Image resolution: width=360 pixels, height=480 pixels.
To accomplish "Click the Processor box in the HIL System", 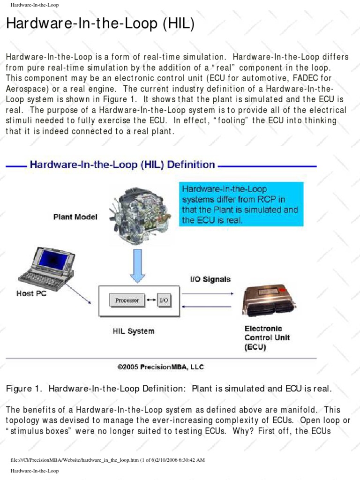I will (127, 300).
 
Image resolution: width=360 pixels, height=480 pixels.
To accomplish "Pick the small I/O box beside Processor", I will (164, 300).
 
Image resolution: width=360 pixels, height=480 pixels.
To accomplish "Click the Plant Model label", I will (75, 217).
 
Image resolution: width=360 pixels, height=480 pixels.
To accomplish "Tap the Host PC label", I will (32, 293).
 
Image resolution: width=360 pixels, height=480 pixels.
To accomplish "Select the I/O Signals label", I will (210, 279).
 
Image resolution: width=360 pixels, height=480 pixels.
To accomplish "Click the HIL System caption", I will (134, 331).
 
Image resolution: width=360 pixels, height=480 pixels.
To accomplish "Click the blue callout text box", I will (241, 204).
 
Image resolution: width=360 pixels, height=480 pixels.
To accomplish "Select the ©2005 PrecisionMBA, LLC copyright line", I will (160, 367).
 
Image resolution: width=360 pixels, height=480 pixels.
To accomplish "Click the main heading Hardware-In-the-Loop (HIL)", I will (100, 24).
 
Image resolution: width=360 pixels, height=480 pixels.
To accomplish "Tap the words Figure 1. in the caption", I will (24, 389).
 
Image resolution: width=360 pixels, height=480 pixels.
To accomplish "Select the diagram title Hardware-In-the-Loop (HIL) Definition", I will (122, 165).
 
